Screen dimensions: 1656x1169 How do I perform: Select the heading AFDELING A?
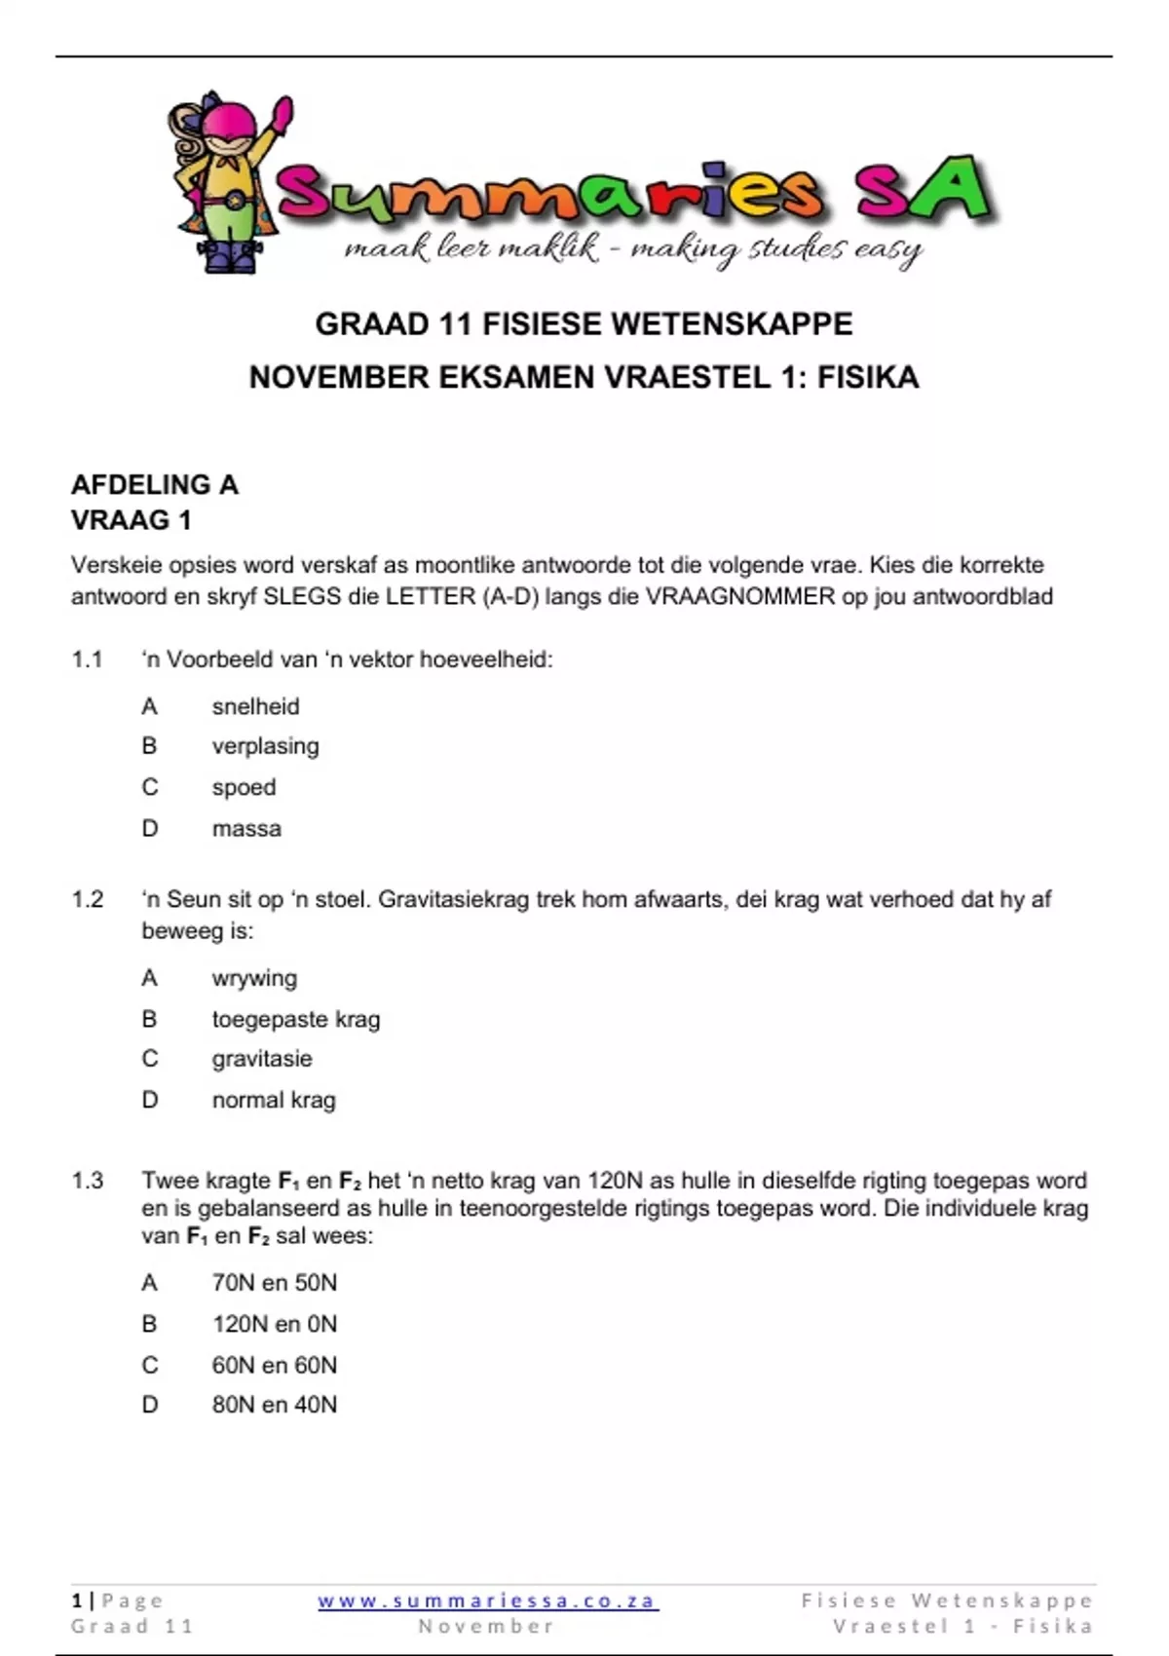pyautogui.click(x=155, y=485)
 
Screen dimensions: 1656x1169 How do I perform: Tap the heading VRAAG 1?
pyautogui.click(x=132, y=520)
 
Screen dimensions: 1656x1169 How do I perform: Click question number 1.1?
pyautogui.click(x=87, y=659)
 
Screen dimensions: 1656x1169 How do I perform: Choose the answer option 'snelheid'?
pyautogui.click(x=255, y=706)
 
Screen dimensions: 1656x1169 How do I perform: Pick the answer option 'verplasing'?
pyautogui.click(x=265, y=746)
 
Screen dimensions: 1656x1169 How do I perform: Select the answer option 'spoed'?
pyautogui.click(x=244, y=787)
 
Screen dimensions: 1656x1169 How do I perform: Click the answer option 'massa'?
pyautogui.click(x=246, y=829)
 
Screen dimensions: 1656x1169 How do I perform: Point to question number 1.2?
pyautogui.click(x=87, y=899)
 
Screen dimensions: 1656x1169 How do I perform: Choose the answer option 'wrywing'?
pyautogui.click(x=254, y=978)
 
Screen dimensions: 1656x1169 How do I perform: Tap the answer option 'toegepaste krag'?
pyautogui.click(x=296, y=1019)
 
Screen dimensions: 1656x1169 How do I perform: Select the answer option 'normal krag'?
pyautogui.click(x=274, y=1100)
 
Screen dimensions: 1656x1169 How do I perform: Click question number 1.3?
pyautogui.click(x=87, y=1181)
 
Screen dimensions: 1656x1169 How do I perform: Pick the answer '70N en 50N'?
pyautogui.click(x=275, y=1283)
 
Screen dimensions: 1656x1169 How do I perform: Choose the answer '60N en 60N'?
pyautogui.click(x=275, y=1365)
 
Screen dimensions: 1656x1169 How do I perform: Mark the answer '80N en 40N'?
pyautogui.click(x=275, y=1405)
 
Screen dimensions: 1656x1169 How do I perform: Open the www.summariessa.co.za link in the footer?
pyautogui.click(x=488, y=1600)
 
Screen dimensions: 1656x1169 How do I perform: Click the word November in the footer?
pyautogui.click(x=486, y=1626)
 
